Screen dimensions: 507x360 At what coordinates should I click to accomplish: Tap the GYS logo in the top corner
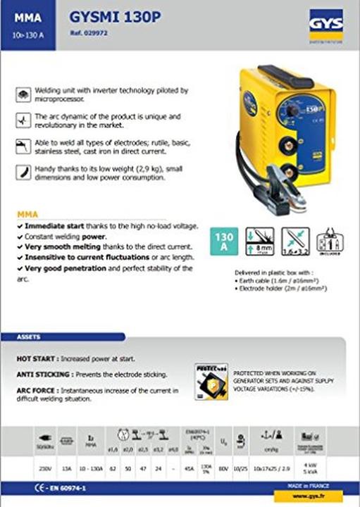(325, 24)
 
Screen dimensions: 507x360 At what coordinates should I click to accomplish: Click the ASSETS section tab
(30, 337)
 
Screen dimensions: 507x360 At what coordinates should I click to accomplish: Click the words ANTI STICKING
(44, 374)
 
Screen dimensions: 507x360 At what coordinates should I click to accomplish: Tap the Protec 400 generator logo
(210, 380)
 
